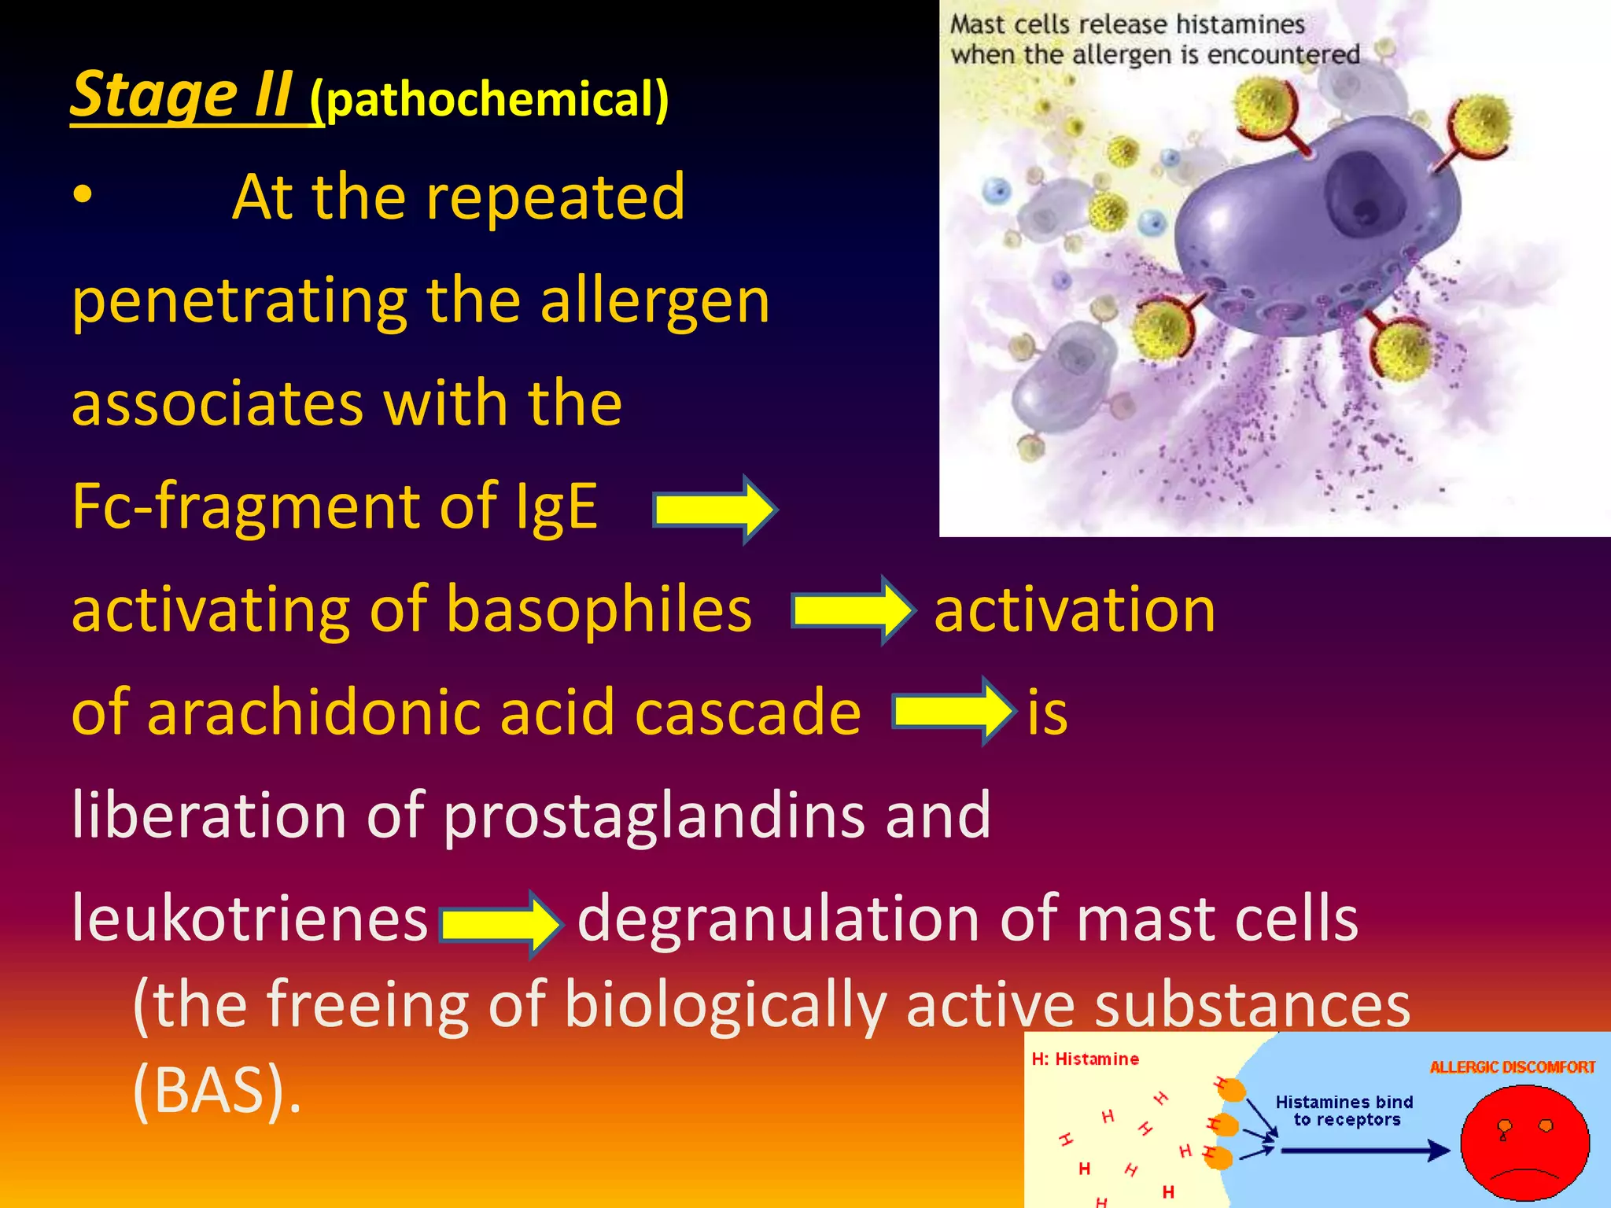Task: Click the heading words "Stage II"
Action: point(182,94)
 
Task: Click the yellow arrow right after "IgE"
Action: point(714,510)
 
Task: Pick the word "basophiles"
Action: point(599,610)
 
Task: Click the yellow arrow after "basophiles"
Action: point(853,611)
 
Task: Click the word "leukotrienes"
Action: point(249,918)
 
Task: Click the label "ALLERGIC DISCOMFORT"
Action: point(1512,1067)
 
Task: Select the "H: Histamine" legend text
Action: point(1085,1059)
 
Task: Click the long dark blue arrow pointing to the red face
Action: point(1364,1151)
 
